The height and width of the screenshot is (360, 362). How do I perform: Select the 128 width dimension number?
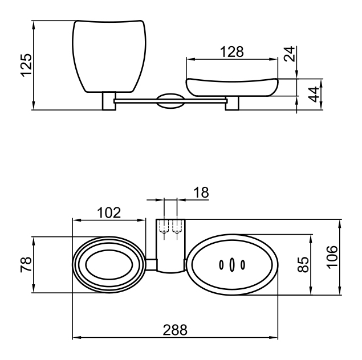(x=231, y=52)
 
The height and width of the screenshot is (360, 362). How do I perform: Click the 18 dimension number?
(x=200, y=193)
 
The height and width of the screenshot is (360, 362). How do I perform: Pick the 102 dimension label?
(x=108, y=213)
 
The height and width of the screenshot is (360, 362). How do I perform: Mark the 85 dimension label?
(x=304, y=264)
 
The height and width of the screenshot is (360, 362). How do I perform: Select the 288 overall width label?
(x=175, y=330)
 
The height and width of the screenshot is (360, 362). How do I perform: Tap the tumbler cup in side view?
(x=108, y=56)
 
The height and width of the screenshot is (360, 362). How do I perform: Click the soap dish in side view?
(x=233, y=86)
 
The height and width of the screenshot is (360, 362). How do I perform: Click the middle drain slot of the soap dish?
(x=231, y=264)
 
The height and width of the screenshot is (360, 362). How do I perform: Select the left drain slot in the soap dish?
(x=221, y=264)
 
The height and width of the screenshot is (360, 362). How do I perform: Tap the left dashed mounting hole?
(x=164, y=228)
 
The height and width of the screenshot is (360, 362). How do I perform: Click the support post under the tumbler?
(x=108, y=101)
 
